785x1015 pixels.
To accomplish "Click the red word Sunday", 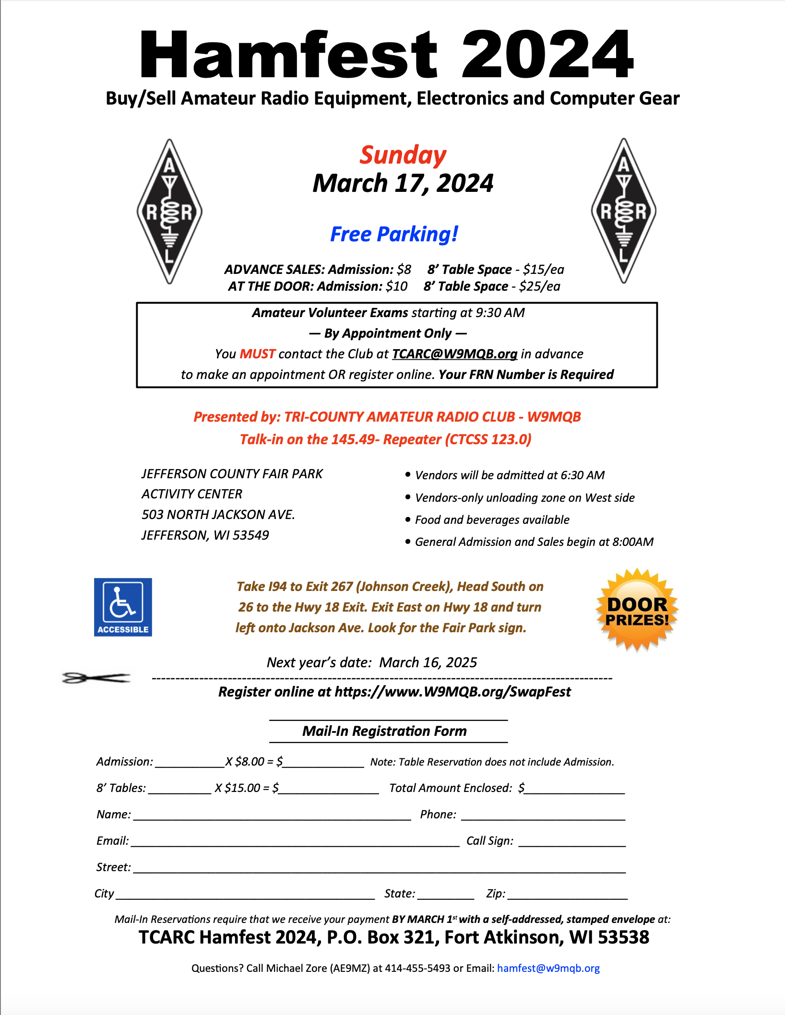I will pyautogui.click(x=403, y=155).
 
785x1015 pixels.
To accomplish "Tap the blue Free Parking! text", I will pyautogui.click(x=394, y=235).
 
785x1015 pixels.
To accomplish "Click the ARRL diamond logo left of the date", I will pyautogui.click(x=169, y=211).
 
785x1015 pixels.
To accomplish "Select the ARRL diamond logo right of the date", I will pyautogui.click(x=623, y=211).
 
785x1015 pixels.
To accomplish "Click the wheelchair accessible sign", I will pyautogui.click(x=123, y=607).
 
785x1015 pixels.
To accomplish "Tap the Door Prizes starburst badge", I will pyautogui.click(x=637, y=611).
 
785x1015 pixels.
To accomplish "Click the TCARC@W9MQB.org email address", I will pyautogui.click(x=454, y=354).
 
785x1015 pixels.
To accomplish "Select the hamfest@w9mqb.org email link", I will pyautogui.click(x=548, y=968).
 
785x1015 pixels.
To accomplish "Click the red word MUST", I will pyautogui.click(x=257, y=354).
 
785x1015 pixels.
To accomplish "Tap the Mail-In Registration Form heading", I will pyautogui.click(x=384, y=731).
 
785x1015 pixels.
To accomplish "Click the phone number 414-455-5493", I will pyautogui.click(x=417, y=968).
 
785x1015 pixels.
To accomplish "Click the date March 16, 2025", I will pyautogui.click(x=428, y=662).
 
